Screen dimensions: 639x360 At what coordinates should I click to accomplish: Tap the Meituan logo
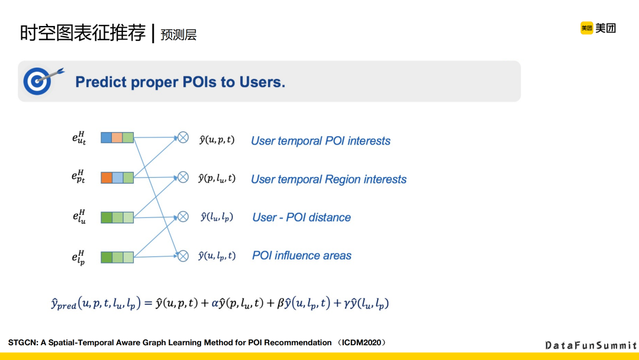coord(598,28)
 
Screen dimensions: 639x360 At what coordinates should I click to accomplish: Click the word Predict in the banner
coord(101,82)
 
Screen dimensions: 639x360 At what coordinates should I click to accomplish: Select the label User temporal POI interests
coord(321,141)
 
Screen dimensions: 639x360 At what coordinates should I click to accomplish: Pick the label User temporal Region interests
coord(328,179)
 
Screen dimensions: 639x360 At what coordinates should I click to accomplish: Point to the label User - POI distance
coord(301,217)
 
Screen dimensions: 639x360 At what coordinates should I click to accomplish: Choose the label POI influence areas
coord(301,256)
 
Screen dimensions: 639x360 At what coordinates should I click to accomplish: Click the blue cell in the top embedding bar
coord(106,138)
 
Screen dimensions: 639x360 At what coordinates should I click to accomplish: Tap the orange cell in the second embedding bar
coord(106,178)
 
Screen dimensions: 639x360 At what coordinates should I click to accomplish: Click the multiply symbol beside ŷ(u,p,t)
coord(183,138)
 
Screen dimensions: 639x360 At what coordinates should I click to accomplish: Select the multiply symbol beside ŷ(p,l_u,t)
coord(183,177)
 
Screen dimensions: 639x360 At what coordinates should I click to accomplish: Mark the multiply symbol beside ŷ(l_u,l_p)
coord(183,217)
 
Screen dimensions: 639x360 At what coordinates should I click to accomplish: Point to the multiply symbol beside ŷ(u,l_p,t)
coord(183,256)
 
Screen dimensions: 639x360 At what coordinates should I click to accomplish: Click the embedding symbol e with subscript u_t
coord(79,139)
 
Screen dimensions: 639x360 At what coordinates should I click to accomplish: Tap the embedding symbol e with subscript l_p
coord(79,258)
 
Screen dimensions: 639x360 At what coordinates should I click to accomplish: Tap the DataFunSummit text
coord(590,345)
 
